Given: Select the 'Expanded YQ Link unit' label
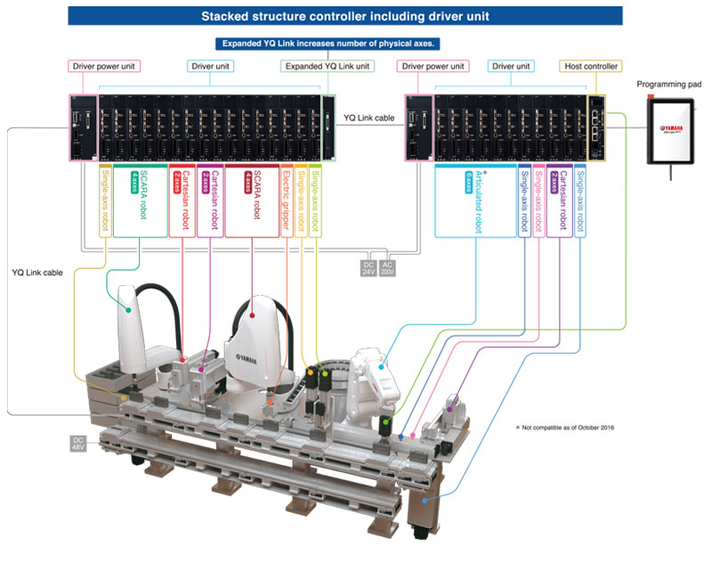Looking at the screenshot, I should coord(328,66).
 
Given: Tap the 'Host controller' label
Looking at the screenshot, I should coord(591,66).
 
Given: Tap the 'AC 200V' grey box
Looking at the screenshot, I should coord(387,268).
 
